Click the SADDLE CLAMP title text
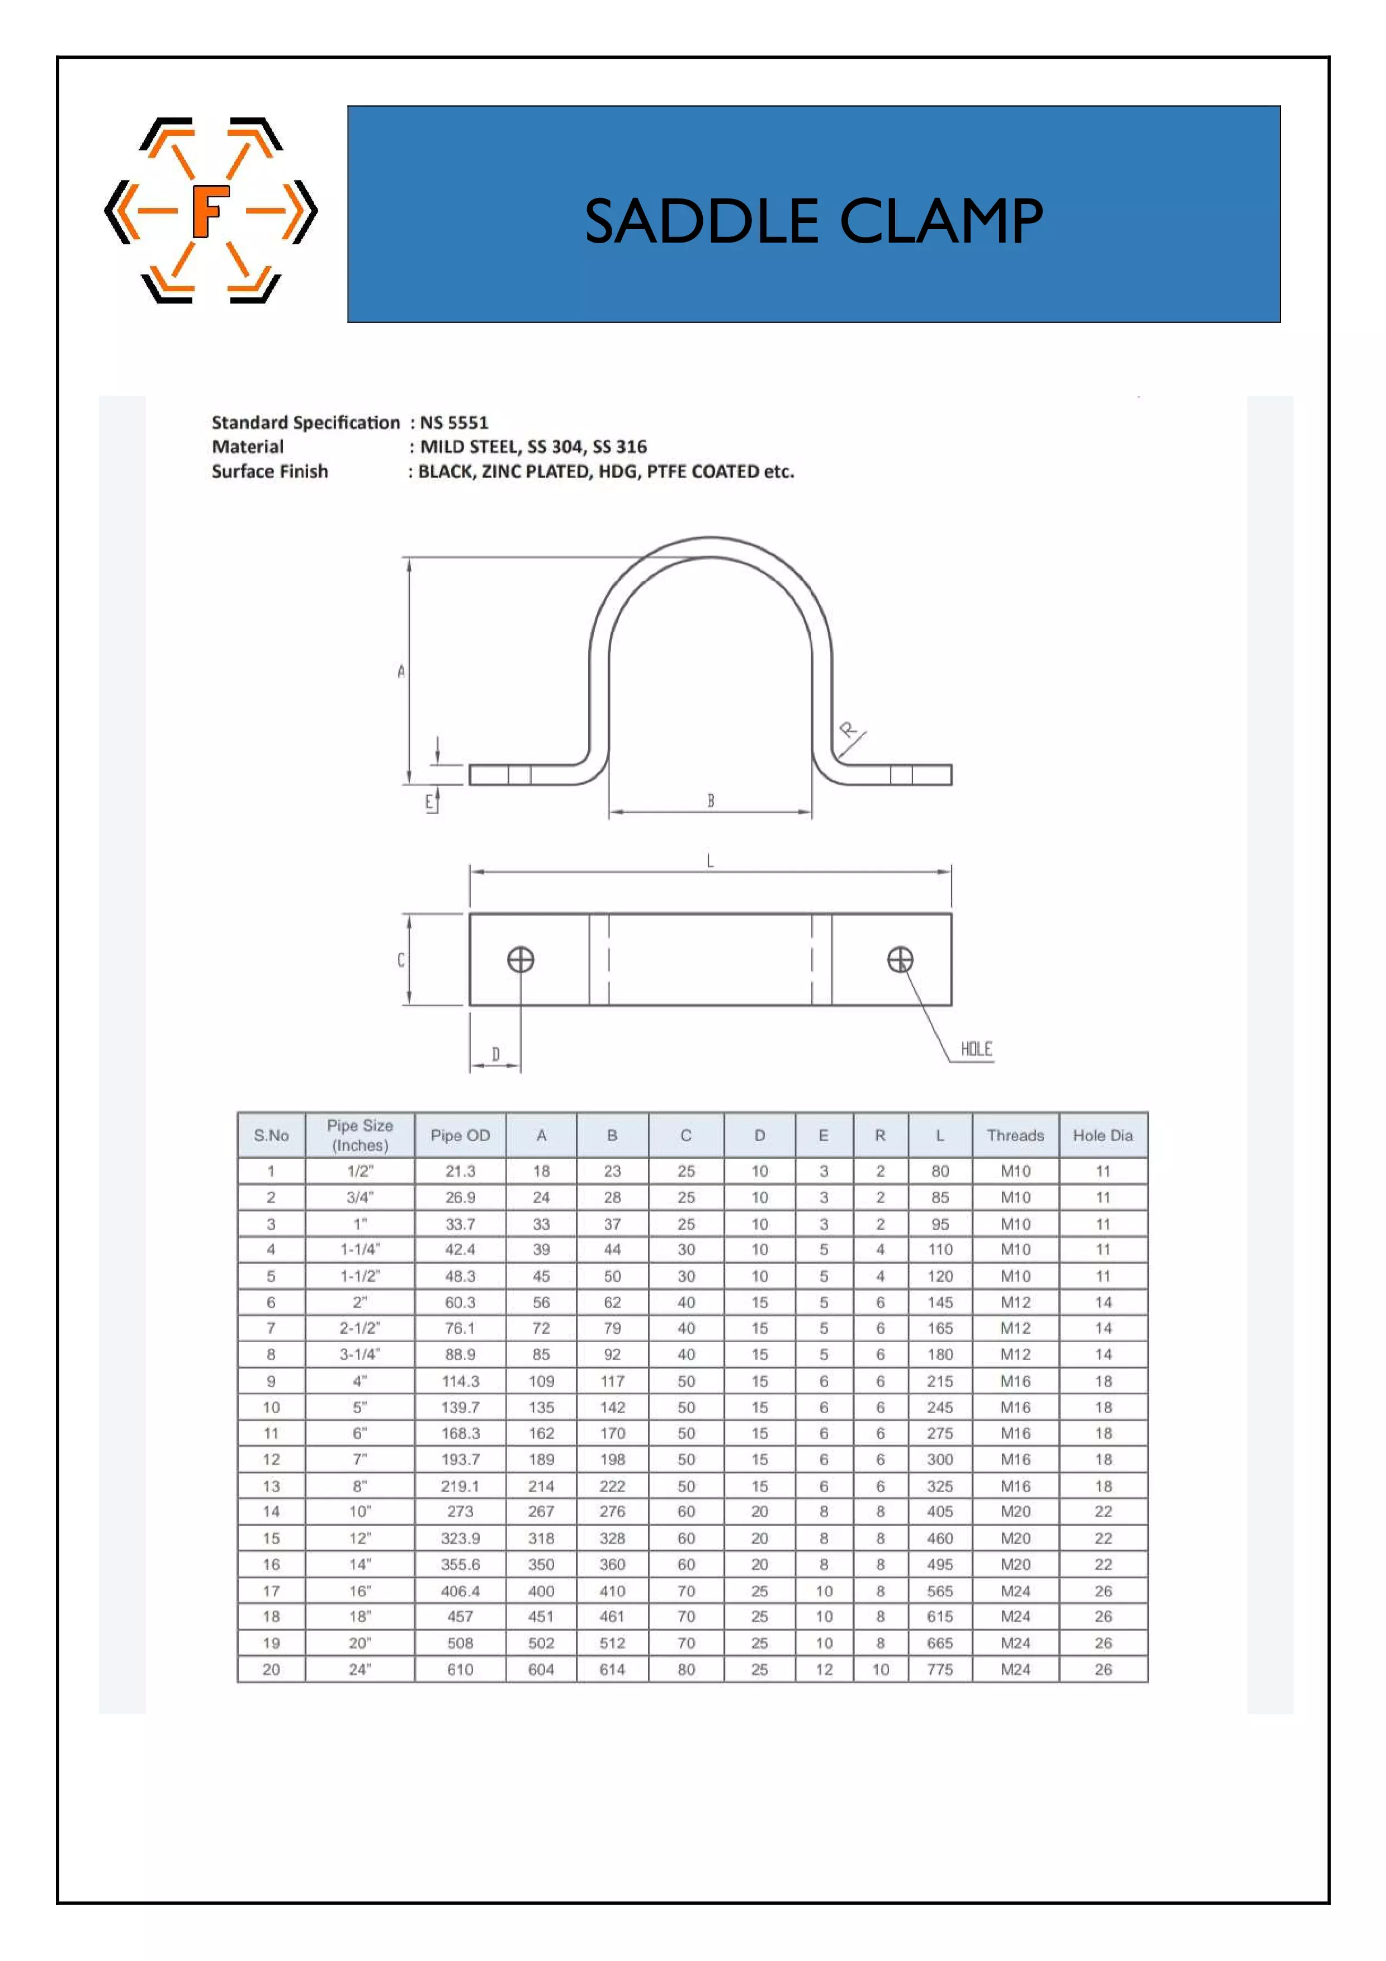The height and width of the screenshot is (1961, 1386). tap(813, 221)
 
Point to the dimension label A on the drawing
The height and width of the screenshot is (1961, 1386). tap(400, 671)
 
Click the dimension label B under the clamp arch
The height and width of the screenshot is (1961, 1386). tap(709, 800)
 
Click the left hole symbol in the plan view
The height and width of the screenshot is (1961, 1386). tap(521, 960)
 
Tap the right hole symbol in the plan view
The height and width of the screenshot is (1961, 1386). tap(900, 960)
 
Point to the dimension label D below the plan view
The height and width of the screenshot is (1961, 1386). tap(495, 1055)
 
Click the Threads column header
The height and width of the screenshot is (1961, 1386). tap(1015, 1135)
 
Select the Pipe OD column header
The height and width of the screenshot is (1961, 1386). tap(460, 1135)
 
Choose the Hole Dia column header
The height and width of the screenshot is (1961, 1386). tap(1103, 1135)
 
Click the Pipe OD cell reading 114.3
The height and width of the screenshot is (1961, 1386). tap(460, 1381)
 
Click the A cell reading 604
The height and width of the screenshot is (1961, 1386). tap(541, 1670)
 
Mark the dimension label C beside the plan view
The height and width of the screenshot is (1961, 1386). tap(400, 960)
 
